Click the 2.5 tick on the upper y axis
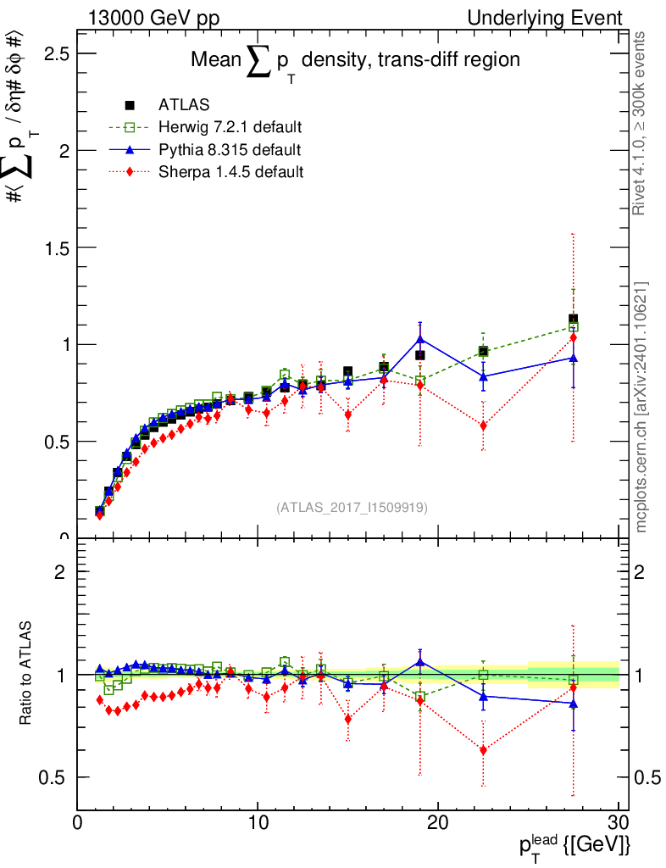[x=57, y=53]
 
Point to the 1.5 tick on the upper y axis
[x=57, y=248]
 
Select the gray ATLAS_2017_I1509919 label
[x=352, y=507]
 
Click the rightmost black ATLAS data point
[x=574, y=320]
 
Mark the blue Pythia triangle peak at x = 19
[x=420, y=339]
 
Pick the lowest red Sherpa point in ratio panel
[x=484, y=750]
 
